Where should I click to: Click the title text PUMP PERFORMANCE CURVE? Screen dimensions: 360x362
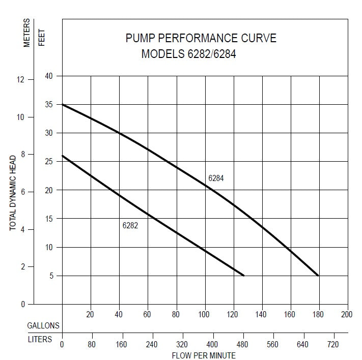pos(201,38)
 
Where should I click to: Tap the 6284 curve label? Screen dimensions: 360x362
pos(216,178)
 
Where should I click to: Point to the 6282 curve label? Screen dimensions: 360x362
pos(130,225)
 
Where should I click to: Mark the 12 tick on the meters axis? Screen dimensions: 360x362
pos(20,80)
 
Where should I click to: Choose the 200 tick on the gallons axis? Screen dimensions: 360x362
pos(347,315)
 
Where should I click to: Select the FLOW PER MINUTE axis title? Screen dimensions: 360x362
pos(204,355)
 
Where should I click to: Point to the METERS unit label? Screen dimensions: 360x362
pos(27,33)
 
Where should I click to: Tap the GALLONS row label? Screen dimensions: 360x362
pos(44,325)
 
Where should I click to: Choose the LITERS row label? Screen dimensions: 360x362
pos(40,339)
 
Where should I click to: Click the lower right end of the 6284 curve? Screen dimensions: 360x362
pos(318,275)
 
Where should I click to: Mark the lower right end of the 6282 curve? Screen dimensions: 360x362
pos(244,275)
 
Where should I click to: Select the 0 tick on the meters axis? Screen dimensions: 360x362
pos(23,304)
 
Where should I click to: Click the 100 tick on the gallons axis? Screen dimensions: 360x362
pos(204,315)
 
